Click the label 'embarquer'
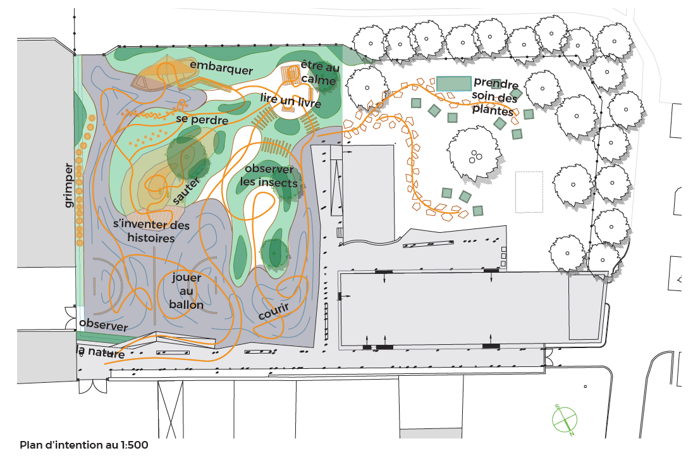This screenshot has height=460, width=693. pyautogui.click(x=221, y=68)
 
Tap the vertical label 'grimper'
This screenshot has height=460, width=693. pyautogui.click(x=68, y=185)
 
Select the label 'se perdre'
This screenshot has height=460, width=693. pyautogui.click(x=202, y=120)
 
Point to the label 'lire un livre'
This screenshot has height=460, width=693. pyautogui.click(x=290, y=101)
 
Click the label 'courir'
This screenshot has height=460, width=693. pyautogui.click(x=274, y=311)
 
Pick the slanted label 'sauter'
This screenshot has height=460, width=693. pyautogui.click(x=186, y=190)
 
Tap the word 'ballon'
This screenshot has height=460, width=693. pyautogui.click(x=186, y=304)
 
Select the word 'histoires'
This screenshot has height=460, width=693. pyautogui.click(x=150, y=238)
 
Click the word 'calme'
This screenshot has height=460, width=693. pyautogui.click(x=318, y=80)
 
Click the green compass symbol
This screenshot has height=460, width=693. pyautogui.click(x=565, y=420)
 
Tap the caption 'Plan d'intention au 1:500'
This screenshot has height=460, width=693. pyautogui.click(x=84, y=445)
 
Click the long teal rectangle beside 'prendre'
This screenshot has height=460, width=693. pyautogui.click(x=454, y=84)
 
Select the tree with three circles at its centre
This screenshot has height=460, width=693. pyautogui.click(x=475, y=155)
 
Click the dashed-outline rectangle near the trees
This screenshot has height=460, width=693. pyautogui.click(x=529, y=192)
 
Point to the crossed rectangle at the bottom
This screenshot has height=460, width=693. pyautogui.click(x=170, y=409)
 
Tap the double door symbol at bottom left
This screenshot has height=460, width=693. pyautogui.click(x=93, y=386)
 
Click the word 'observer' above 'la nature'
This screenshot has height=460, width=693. pyautogui.click(x=104, y=325)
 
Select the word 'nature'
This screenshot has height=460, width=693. pyautogui.click(x=106, y=352)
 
